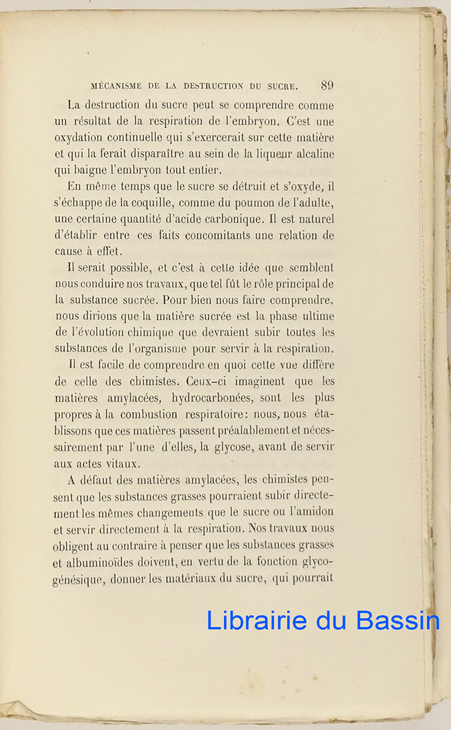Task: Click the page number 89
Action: pos(326,86)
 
